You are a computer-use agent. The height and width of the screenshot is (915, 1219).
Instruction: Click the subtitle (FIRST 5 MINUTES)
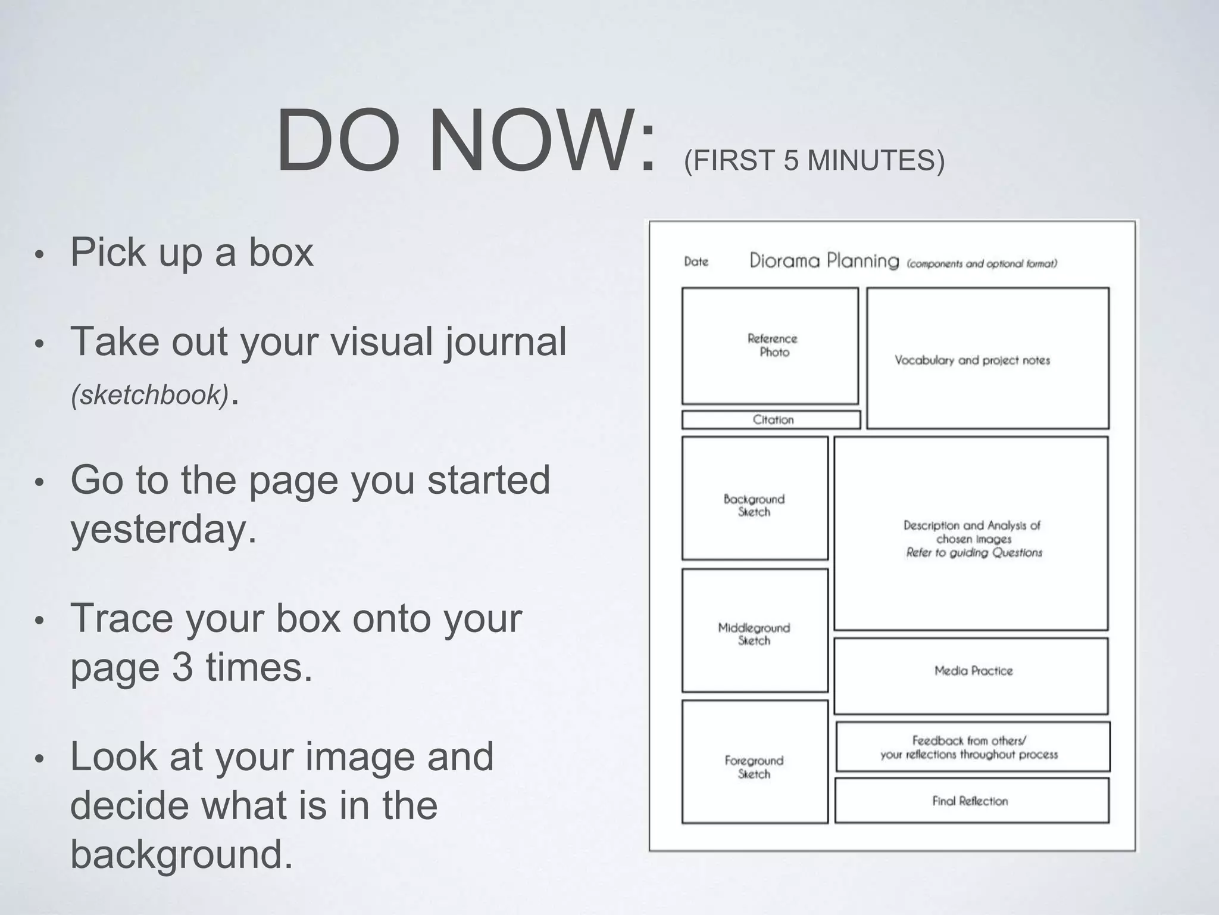814,160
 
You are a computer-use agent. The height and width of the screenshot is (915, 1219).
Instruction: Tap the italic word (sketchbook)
149,395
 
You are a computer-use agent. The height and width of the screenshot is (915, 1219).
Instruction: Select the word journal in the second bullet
505,342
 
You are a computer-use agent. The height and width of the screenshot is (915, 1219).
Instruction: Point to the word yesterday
163,529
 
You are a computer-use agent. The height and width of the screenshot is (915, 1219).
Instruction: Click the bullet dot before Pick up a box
39,255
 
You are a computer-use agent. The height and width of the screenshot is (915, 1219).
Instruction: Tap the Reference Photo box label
773,346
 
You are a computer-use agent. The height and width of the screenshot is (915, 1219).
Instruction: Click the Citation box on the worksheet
773,420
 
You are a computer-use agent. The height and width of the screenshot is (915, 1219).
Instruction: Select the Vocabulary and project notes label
972,360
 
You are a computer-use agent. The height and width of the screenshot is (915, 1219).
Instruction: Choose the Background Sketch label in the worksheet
754,505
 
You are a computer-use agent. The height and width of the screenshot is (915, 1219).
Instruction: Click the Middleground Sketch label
754,634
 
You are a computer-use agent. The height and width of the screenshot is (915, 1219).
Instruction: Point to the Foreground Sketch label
754,767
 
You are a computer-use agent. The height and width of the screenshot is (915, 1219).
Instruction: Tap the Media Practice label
973,671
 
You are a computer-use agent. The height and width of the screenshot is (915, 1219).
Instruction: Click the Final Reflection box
970,801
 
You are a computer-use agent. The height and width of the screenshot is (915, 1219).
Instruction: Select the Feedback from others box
969,748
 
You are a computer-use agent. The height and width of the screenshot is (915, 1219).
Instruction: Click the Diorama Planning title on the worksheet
824,261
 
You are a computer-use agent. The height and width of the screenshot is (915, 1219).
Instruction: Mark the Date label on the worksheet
696,262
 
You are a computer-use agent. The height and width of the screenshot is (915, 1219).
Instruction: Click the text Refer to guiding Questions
974,553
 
